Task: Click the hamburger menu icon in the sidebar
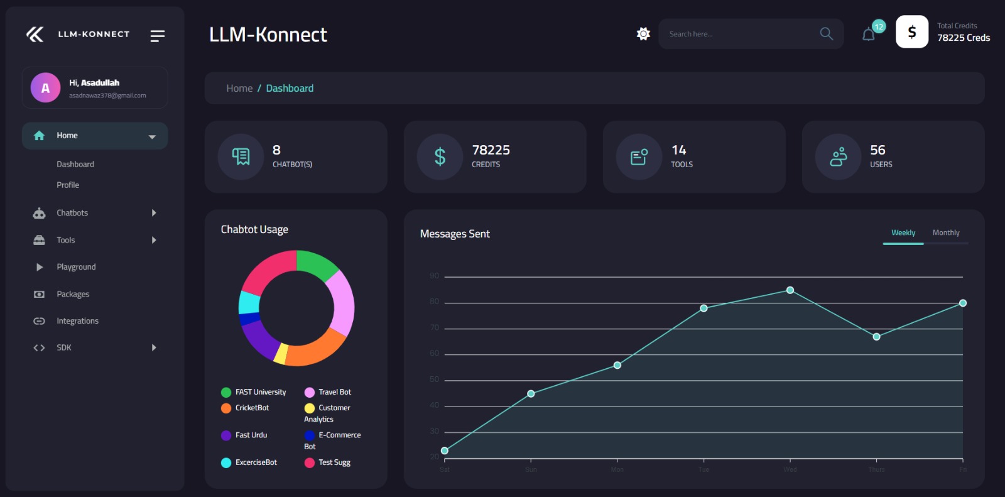(x=157, y=36)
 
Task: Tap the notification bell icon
(x=869, y=35)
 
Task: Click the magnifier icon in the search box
(x=826, y=34)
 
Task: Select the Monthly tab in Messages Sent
(x=945, y=233)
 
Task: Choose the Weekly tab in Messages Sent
(x=903, y=233)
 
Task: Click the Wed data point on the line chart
(x=790, y=290)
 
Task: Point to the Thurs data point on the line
(x=876, y=337)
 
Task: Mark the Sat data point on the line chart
(x=445, y=451)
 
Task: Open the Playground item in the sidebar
(x=76, y=267)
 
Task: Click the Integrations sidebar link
(x=77, y=321)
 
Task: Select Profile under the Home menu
(x=68, y=185)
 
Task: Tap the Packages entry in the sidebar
(x=73, y=294)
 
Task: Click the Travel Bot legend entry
(x=334, y=392)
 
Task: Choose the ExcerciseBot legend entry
(x=255, y=462)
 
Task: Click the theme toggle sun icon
(x=643, y=34)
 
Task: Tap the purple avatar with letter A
(x=45, y=88)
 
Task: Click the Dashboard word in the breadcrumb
(x=290, y=89)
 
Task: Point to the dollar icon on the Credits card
(x=440, y=156)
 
